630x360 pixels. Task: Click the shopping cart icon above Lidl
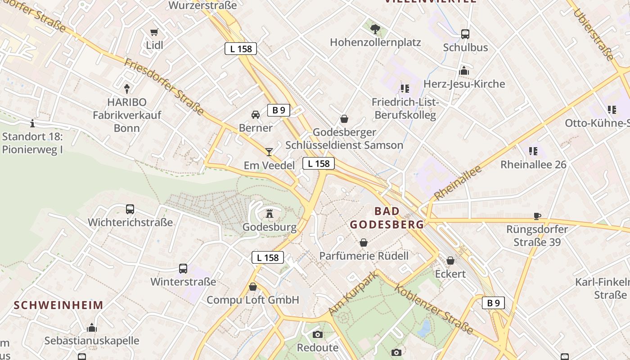(154, 32)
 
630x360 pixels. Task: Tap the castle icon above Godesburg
(270, 213)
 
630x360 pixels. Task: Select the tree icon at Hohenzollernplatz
(375, 29)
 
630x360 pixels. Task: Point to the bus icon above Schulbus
(465, 34)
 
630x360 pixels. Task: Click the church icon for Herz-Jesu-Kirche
(464, 71)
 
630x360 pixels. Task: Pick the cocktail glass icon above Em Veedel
(269, 152)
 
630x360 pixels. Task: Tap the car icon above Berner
(256, 115)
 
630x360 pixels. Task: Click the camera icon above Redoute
(318, 334)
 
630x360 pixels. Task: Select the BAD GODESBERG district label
(387, 217)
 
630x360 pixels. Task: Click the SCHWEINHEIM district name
(58, 305)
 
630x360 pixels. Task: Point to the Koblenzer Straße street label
(434, 309)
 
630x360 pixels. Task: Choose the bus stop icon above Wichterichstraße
(130, 209)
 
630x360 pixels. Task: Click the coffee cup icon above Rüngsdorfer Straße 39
(537, 216)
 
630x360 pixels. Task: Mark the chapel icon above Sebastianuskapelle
(92, 327)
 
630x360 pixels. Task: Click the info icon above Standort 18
(32, 123)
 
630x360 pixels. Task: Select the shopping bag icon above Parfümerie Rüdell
(364, 243)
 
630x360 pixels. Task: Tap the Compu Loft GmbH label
(253, 300)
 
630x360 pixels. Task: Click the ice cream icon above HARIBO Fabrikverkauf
(127, 89)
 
